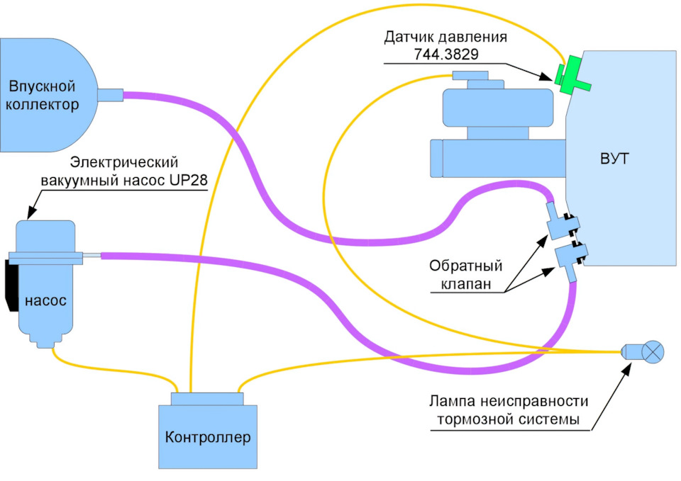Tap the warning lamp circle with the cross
654,351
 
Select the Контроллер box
207,436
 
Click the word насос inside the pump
45,300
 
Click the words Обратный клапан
465,276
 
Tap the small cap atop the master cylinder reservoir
470,75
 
